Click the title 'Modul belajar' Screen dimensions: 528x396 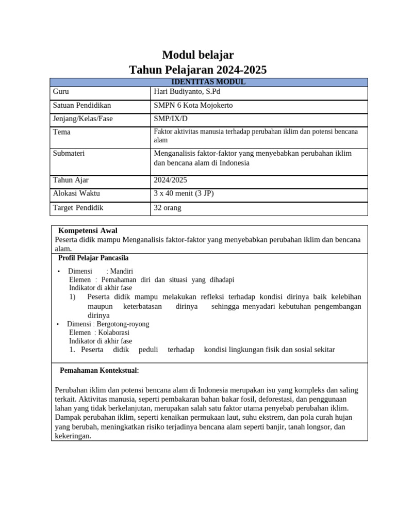point(198,55)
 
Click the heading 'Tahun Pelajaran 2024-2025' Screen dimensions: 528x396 point(198,70)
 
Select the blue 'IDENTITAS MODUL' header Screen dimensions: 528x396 point(208,82)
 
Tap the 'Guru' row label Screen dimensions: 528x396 point(61,92)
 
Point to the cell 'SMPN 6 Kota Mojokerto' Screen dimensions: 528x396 point(193,105)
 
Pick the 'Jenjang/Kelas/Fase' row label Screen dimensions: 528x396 point(83,119)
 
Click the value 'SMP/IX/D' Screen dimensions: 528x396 point(171,119)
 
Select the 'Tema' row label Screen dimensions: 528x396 point(62,132)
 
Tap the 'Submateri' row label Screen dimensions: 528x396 point(69,153)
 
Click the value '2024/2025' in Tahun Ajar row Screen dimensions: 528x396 point(171,180)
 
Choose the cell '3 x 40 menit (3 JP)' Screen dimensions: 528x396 point(184,193)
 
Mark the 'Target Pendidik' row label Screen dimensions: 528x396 point(78,208)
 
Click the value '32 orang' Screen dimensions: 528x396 point(168,208)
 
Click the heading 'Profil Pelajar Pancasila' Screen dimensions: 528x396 point(93,258)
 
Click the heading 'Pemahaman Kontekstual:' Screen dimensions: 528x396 point(100,370)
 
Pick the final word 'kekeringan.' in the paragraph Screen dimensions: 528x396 point(73,436)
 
